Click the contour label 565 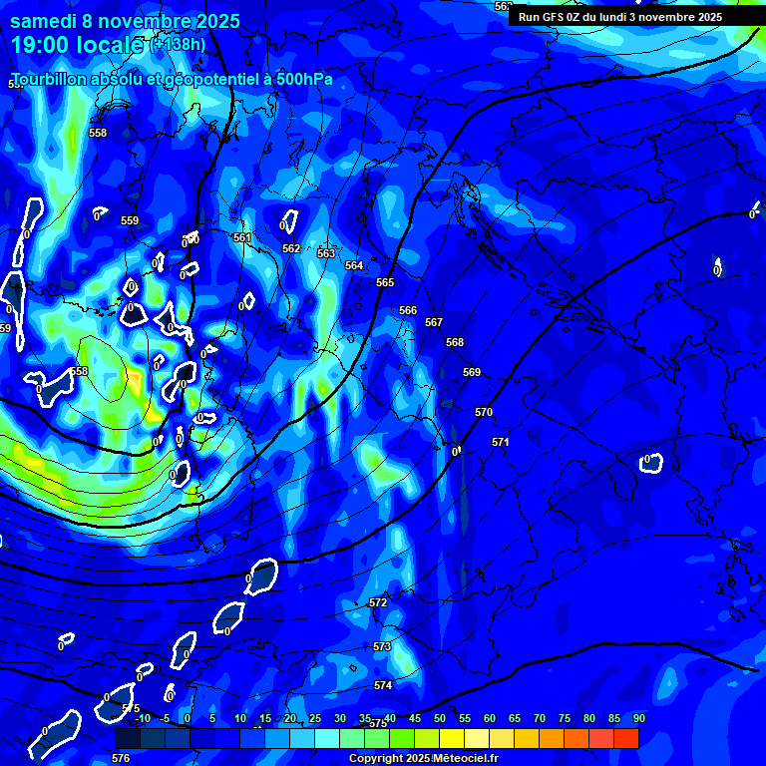point(385,282)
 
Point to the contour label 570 point(484,412)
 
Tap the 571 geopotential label point(501,442)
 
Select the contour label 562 point(291,248)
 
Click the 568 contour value point(455,342)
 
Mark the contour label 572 point(378,602)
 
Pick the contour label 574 point(383,685)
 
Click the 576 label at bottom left point(121,758)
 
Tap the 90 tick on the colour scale point(638,718)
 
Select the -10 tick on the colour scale point(142,718)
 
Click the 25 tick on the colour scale point(315,718)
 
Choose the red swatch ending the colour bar point(626,738)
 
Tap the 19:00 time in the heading point(42,44)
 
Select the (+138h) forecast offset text point(179,44)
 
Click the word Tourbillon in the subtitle point(51,80)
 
